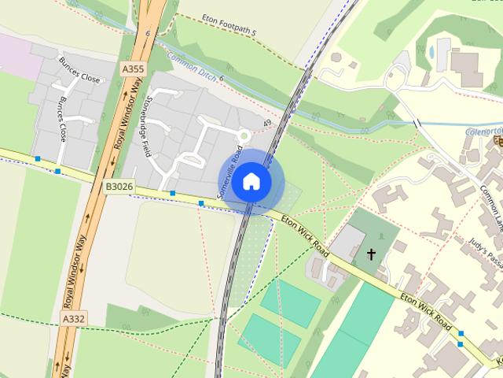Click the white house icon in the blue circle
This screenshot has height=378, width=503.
click(x=251, y=182)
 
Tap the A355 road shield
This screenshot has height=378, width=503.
click(x=133, y=69)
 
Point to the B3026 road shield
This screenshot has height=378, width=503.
click(x=118, y=187)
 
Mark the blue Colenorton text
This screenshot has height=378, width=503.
click(x=483, y=132)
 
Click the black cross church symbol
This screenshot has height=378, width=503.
click(x=371, y=254)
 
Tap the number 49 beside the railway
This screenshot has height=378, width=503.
click(x=267, y=123)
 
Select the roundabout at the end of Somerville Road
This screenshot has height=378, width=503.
click(x=244, y=136)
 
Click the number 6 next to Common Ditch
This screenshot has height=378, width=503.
click(x=222, y=78)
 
